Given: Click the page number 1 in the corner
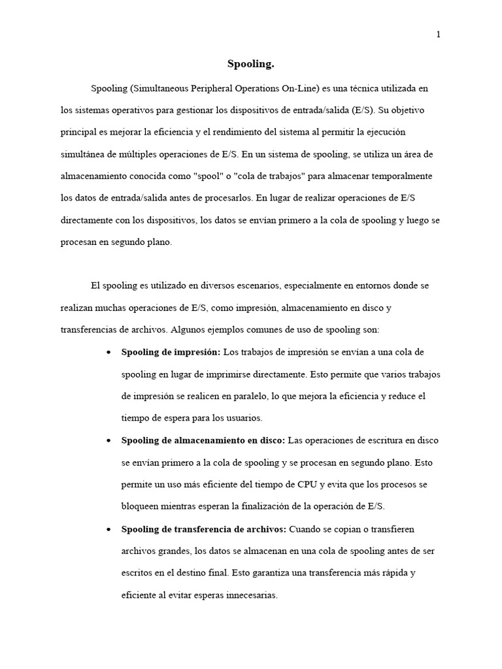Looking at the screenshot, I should [x=438, y=35].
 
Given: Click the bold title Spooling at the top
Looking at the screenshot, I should [x=251, y=64].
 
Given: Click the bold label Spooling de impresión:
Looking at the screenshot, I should [x=171, y=353].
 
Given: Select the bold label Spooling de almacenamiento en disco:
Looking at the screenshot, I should [x=203, y=441].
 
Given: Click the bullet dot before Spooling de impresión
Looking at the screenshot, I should [x=107, y=353].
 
